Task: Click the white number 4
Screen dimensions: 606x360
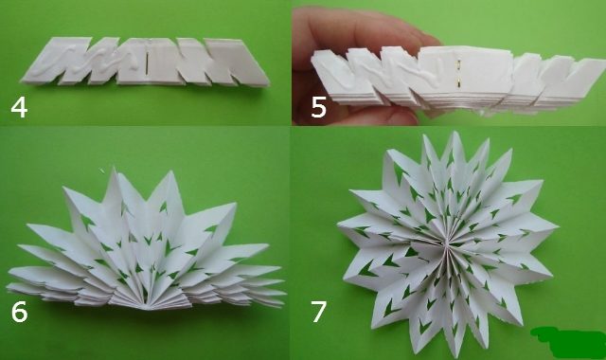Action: click(19, 107)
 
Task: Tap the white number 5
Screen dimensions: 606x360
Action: click(318, 107)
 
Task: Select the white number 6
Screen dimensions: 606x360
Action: click(19, 312)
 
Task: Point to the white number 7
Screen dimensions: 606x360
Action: click(319, 312)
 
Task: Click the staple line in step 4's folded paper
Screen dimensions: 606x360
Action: click(148, 63)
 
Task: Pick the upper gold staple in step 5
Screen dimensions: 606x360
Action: click(458, 63)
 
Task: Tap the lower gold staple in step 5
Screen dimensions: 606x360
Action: click(458, 81)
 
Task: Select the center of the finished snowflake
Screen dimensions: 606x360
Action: click(446, 243)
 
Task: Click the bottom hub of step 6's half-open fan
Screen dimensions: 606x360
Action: click(146, 307)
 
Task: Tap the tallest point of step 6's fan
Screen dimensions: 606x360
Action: click(114, 169)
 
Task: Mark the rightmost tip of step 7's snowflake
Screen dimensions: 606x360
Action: click(558, 227)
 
